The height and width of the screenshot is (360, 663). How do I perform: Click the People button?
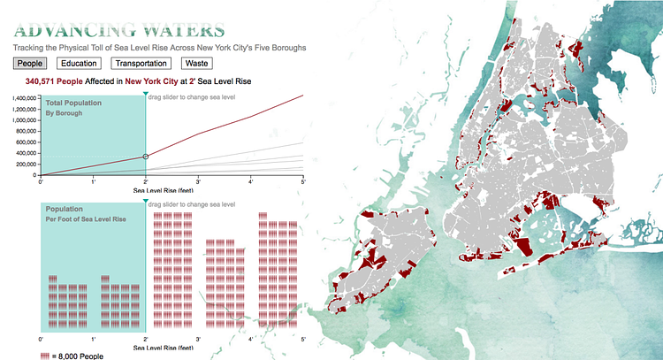coord(31,64)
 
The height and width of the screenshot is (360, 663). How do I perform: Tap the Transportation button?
coord(141,64)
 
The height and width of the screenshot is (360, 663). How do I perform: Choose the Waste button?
coord(195,64)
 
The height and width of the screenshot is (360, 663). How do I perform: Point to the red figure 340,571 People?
coord(54,80)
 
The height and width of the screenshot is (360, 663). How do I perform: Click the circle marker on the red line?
coord(145,157)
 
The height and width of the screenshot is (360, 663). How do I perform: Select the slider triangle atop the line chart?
coord(145,93)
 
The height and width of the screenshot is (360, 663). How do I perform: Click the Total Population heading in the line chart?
coord(73,103)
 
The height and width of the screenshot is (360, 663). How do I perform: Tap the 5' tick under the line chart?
coord(303,180)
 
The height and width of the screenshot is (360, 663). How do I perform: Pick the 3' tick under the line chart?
coord(198,180)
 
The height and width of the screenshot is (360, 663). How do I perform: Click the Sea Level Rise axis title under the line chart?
coord(164,189)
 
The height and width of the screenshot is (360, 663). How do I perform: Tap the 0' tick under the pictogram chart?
coord(42,340)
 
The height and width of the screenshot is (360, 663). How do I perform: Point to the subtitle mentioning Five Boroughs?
coord(160,47)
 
